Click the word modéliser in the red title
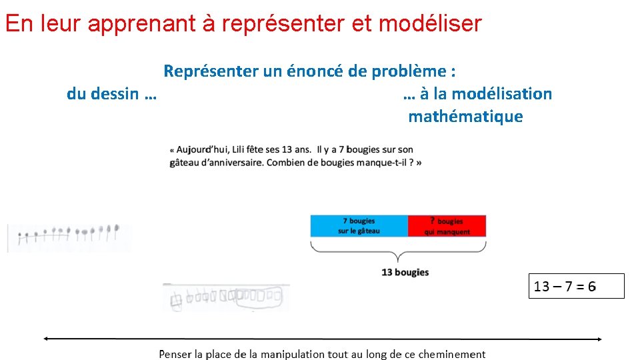(x=429, y=24)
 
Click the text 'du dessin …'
(x=111, y=94)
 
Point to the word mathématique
(x=465, y=117)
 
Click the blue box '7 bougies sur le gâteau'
(x=359, y=225)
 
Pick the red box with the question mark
(x=447, y=225)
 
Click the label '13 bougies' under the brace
(x=405, y=272)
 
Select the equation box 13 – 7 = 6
(x=576, y=286)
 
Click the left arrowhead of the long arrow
(x=46, y=339)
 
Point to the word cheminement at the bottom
(x=454, y=354)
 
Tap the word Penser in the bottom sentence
(x=175, y=354)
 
